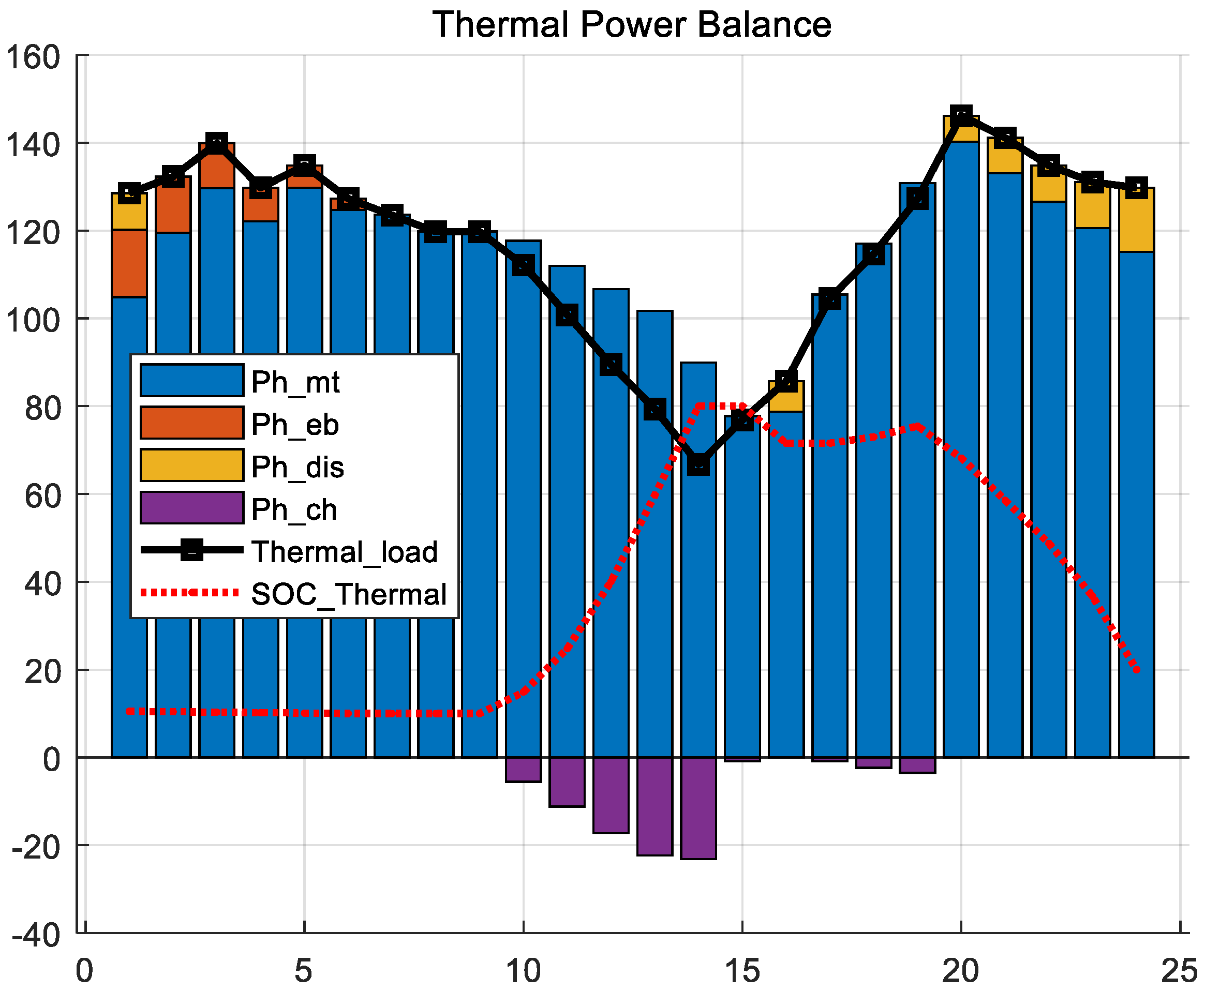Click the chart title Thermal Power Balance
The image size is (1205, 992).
point(631,25)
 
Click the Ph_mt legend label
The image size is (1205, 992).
point(295,382)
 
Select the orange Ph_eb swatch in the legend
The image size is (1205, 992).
point(192,423)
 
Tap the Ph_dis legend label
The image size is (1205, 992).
point(297,467)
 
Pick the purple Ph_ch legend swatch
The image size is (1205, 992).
point(192,507)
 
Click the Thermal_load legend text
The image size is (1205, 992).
point(344,552)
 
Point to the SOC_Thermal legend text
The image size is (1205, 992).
point(349,594)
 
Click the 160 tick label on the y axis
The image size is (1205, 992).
point(33,57)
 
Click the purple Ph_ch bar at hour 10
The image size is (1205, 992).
point(523,769)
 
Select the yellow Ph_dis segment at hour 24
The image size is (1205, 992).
point(1136,220)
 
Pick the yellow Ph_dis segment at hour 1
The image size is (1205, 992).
point(129,212)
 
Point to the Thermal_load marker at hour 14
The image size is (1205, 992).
point(698,464)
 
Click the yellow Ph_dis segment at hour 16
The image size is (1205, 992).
point(786,399)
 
